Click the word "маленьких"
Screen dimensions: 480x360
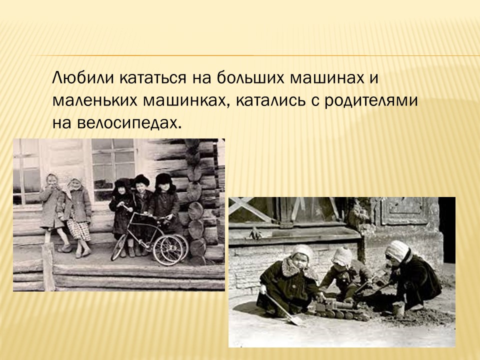[95, 100]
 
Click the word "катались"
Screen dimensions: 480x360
[271, 100]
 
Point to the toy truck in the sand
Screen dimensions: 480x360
[340, 309]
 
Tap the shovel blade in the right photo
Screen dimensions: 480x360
[294, 320]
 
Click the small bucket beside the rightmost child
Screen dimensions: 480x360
[398, 308]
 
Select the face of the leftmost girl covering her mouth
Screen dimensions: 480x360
[52, 181]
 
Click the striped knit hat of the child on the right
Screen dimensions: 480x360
[397, 250]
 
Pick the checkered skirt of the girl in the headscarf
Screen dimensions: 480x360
[78, 230]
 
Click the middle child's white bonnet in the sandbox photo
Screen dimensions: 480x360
[341, 256]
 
